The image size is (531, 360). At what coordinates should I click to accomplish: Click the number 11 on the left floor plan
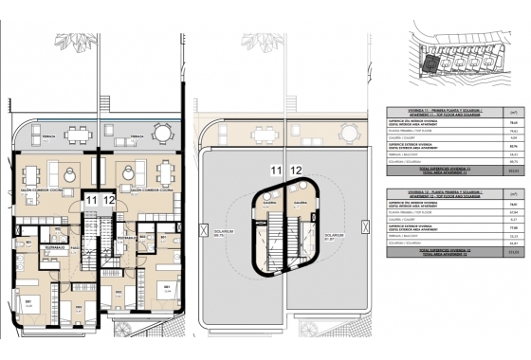(x=90, y=201)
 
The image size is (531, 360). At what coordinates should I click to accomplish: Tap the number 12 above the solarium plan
(x=296, y=170)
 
